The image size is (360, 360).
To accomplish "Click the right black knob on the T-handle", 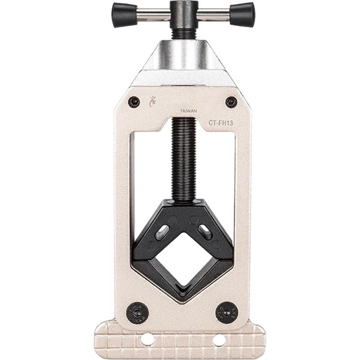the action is point(242,15).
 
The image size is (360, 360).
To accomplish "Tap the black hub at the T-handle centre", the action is point(184,15).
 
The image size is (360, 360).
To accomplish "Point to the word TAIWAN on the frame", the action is point(189,111).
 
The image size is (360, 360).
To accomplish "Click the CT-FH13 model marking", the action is point(220,123).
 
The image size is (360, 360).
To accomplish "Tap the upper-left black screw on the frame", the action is point(134,102).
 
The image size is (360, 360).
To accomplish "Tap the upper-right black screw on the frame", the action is point(231,102).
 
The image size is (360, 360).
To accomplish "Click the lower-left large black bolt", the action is point(138,313).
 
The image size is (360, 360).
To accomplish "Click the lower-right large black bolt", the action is point(227,312).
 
